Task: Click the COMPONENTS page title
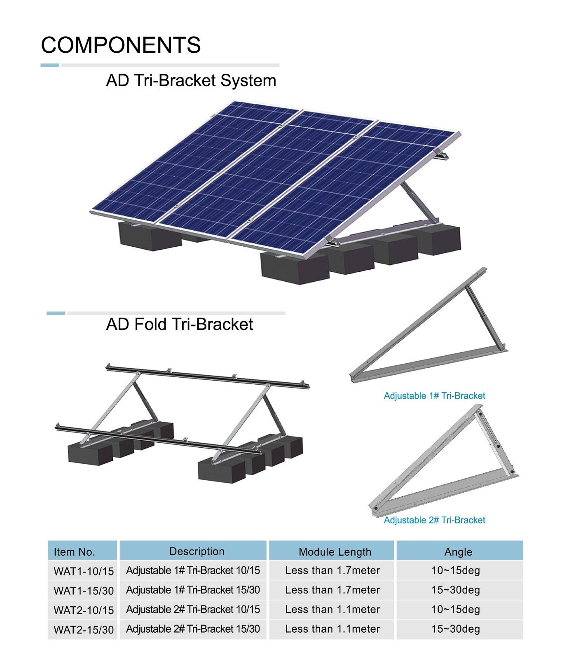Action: pyautogui.click(x=121, y=45)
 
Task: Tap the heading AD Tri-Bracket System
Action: pyautogui.click(x=191, y=80)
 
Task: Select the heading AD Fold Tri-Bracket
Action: pyautogui.click(x=180, y=324)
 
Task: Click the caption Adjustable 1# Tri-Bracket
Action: pyautogui.click(x=434, y=396)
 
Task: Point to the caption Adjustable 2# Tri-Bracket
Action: pyautogui.click(x=434, y=520)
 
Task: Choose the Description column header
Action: pyautogui.click(x=197, y=552)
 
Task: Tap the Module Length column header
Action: pyautogui.click(x=335, y=552)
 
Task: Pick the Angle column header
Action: pyautogui.click(x=458, y=552)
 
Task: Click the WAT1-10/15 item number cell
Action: pyautogui.click(x=84, y=571)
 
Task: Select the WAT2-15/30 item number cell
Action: pyautogui.click(x=84, y=630)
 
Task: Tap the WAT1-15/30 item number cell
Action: pyautogui.click(x=84, y=591)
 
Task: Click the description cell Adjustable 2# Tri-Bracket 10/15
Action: pyautogui.click(x=193, y=609)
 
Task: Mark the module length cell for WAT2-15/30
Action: pyautogui.click(x=333, y=629)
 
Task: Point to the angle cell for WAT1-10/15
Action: pyautogui.click(x=456, y=570)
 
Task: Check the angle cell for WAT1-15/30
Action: pyautogui.click(x=456, y=590)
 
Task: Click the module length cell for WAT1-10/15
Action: pyautogui.click(x=333, y=570)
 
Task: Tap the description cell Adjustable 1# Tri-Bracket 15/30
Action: pyautogui.click(x=193, y=590)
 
